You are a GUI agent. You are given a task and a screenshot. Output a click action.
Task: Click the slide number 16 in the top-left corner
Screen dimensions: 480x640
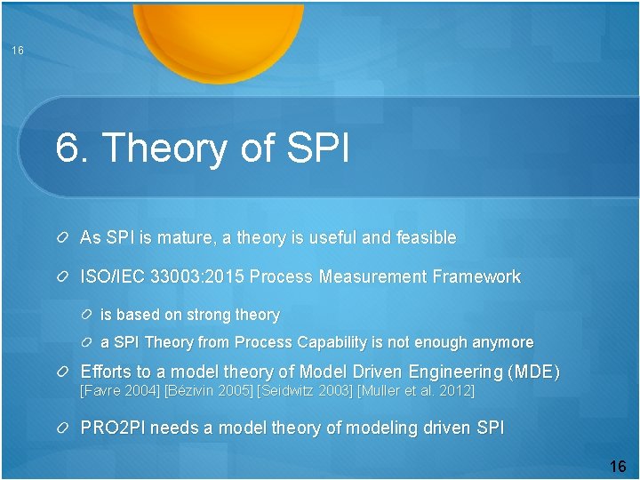18,51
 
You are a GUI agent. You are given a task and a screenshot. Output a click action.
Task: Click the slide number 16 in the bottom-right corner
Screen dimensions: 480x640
618,467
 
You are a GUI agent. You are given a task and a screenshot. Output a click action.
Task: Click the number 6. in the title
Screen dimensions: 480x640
73,148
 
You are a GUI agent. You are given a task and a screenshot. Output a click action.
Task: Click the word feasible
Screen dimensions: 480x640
425,238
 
